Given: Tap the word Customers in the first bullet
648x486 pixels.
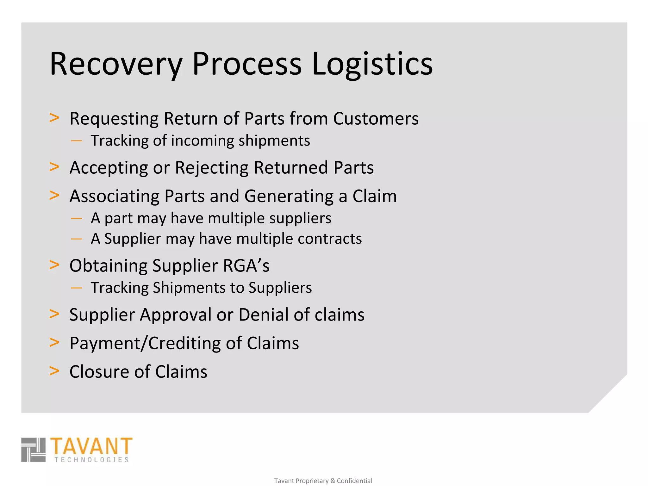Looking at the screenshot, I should [x=376, y=119].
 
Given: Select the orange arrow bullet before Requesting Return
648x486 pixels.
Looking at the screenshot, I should [x=54, y=118].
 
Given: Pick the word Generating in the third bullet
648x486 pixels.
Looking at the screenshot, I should [x=289, y=196].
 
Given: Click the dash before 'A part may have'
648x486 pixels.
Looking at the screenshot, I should [x=77, y=218].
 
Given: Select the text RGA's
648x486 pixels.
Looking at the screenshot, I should [x=246, y=266].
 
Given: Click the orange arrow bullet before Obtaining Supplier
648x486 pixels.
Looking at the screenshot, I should [x=54, y=265].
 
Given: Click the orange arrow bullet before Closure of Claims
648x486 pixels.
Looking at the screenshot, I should [x=54, y=371].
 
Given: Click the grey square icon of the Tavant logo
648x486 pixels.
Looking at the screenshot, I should [x=34, y=450].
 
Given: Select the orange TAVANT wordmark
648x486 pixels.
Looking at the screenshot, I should [x=91, y=446].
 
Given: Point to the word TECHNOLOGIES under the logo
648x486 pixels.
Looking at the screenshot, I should [x=91, y=460].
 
